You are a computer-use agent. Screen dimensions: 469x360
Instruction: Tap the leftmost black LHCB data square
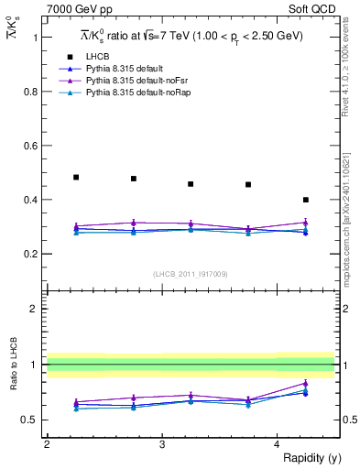[76, 177]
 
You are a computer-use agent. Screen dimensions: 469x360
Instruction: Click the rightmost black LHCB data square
[306, 200]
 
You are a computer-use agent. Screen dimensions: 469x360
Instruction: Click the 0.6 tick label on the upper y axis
[33, 146]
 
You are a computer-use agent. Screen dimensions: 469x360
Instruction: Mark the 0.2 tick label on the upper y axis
[33, 254]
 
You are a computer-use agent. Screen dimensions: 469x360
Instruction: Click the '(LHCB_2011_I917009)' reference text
[191, 274]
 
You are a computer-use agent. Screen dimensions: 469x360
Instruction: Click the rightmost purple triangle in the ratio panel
[306, 383]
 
